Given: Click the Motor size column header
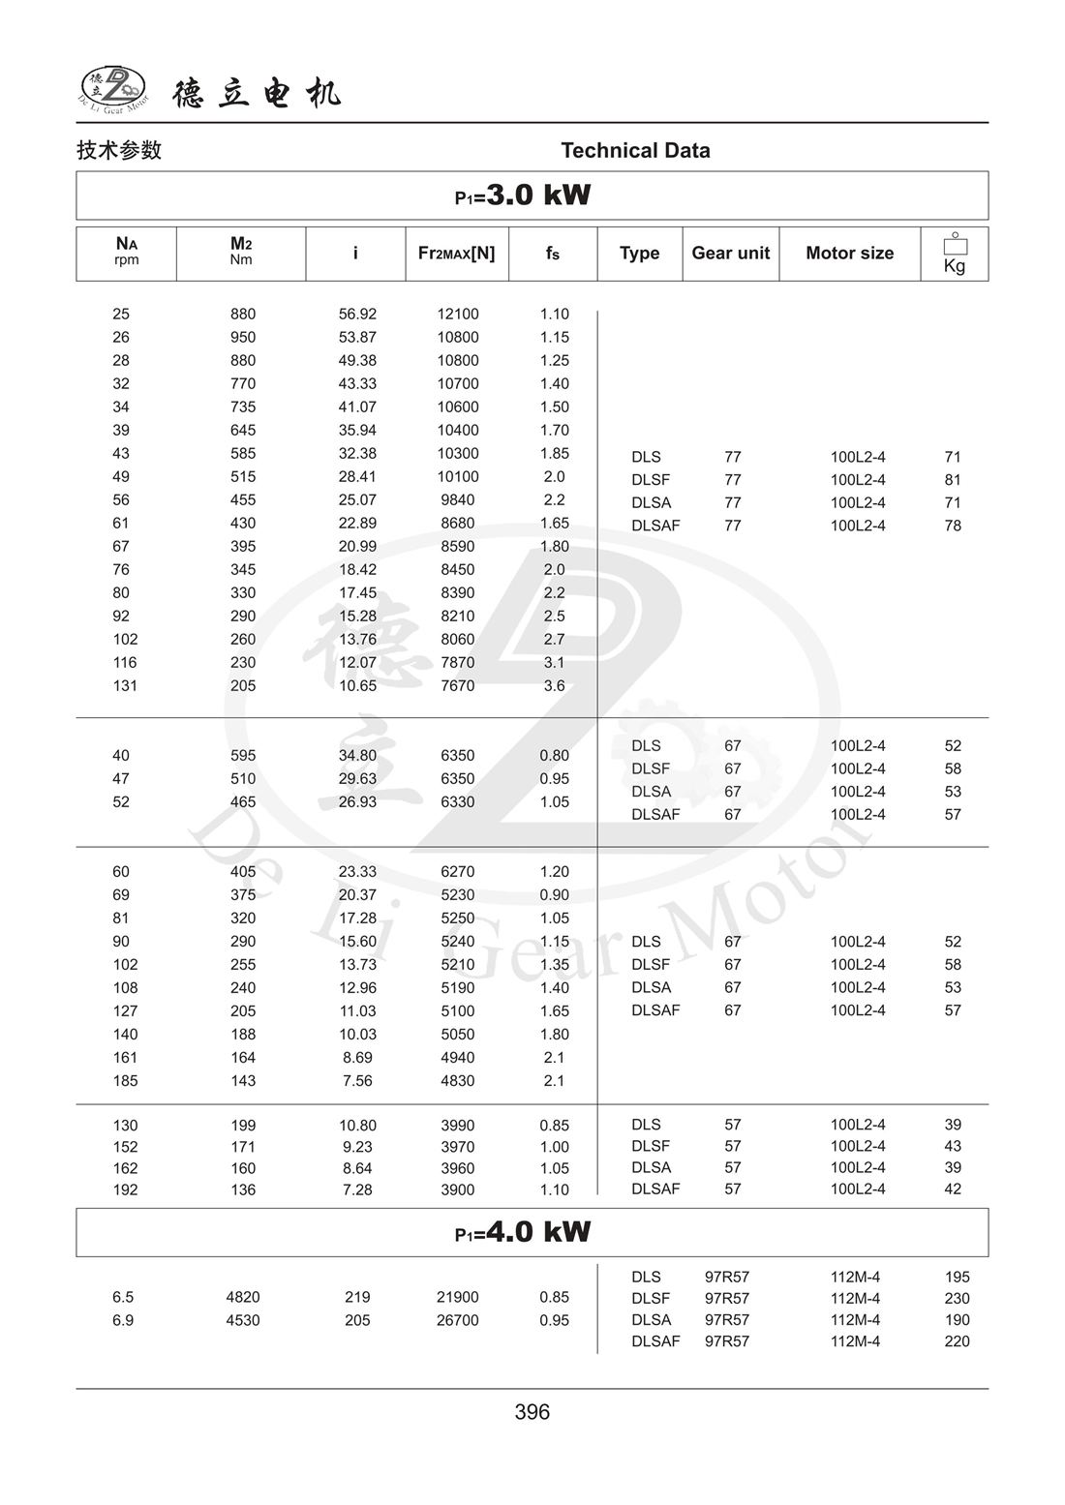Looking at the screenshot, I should [849, 254].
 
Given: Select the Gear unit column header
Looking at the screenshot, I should [730, 254].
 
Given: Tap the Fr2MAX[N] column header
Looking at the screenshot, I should [456, 254].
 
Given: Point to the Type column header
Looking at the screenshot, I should [639, 254].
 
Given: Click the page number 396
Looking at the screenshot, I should [532, 1412].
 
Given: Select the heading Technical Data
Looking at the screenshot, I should [635, 151].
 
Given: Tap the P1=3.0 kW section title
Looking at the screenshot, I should [524, 196].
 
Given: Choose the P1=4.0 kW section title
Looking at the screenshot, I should [524, 1232].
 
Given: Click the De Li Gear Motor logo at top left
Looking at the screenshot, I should [112, 89].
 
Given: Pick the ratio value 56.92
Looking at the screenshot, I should [357, 315].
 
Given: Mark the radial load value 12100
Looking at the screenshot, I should [458, 315].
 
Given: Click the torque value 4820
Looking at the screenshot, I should [243, 1298].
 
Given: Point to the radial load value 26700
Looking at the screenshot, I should [458, 1321].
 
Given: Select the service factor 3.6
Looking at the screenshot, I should [554, 686].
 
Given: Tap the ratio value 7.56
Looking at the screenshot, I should [357, 1081].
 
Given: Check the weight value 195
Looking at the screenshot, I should [957, 1278].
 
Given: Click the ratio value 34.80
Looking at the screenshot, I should [357, 756].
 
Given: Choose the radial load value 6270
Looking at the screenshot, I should [458, 872].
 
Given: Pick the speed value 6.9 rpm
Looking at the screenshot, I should [123, 1321].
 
